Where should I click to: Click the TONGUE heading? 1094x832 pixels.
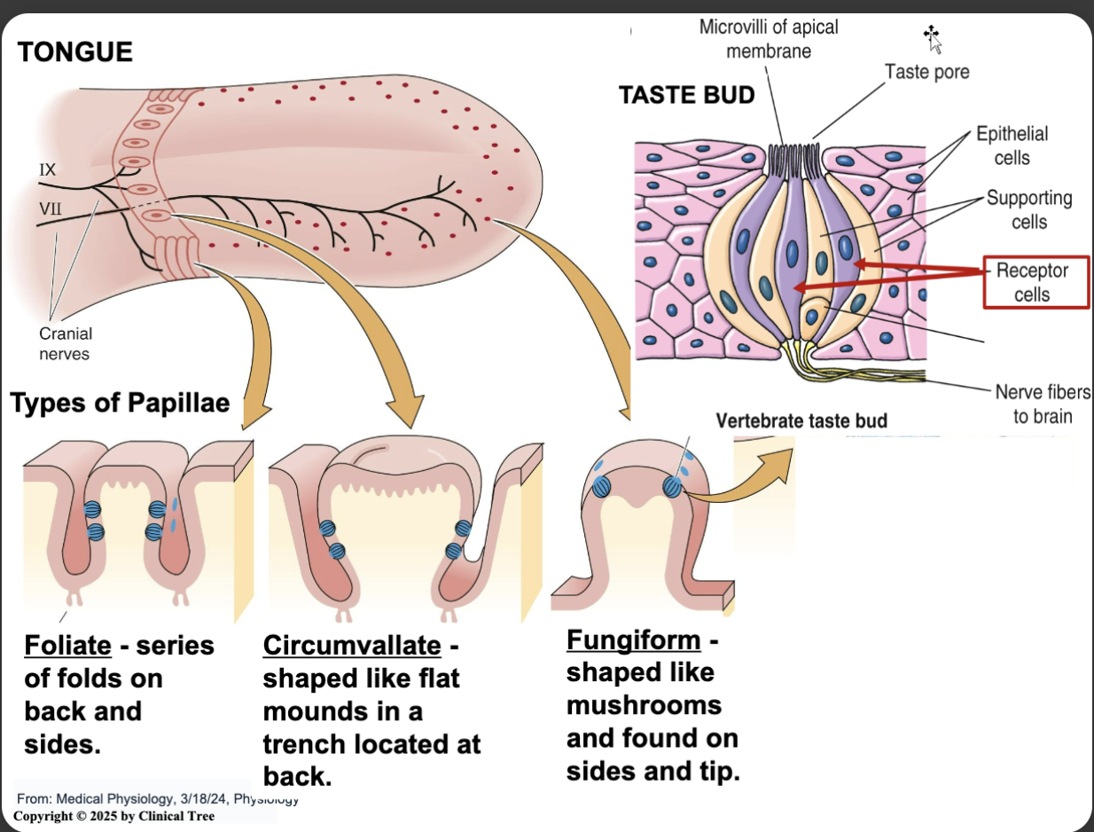point(75,52)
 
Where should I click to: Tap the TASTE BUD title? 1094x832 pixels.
point(686,95)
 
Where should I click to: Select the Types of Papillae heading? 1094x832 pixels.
point(120,403)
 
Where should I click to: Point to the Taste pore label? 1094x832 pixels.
point(926,72)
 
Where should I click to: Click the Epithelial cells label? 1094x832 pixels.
point(1012,145)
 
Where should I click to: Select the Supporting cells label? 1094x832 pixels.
point(1029,209)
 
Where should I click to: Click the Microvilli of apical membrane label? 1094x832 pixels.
point(769,39)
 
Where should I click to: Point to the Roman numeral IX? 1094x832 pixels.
point(47,169)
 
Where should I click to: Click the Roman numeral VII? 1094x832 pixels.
point(50,210)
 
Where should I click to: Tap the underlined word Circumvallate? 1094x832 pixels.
point(351,645)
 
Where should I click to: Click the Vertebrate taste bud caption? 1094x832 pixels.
point(801,420)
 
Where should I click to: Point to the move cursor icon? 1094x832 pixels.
point(931,35)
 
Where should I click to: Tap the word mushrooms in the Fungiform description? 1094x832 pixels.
point(644,705)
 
